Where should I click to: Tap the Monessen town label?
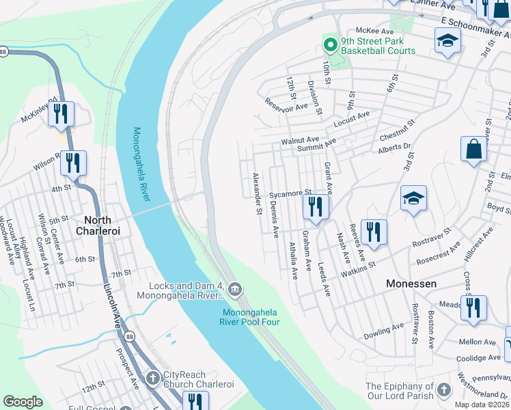pos(411,283)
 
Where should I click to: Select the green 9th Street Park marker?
pos(330,45)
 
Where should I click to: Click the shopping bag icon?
pos(473,149)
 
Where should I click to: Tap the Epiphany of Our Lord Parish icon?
pos(444,390)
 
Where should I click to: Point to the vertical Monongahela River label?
pos(141,164)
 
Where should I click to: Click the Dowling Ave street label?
pos(384,331)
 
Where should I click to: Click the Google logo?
pos(23,402)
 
